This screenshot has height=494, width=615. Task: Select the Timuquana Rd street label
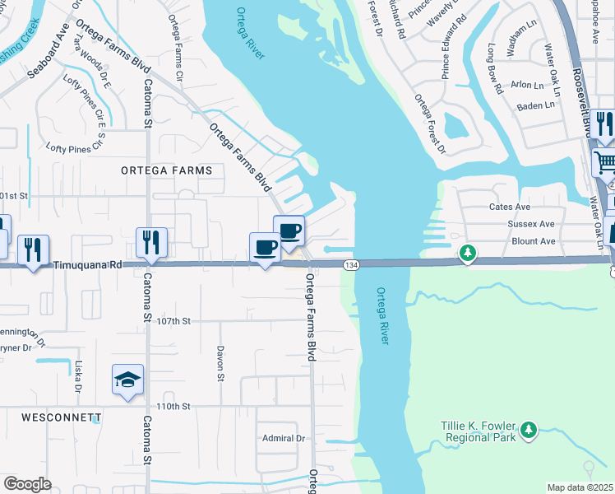click(88, 266)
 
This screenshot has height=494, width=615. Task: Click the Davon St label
click(220, 363)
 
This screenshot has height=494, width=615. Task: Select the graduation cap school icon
click(127, 380)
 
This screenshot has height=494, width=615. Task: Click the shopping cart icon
click(604, 161)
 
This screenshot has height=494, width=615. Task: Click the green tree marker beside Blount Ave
click(468, 251)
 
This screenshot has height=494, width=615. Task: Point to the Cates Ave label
click(510, 207)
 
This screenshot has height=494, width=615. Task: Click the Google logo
click(27, 484)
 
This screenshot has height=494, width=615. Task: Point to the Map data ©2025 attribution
click(580, 487)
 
